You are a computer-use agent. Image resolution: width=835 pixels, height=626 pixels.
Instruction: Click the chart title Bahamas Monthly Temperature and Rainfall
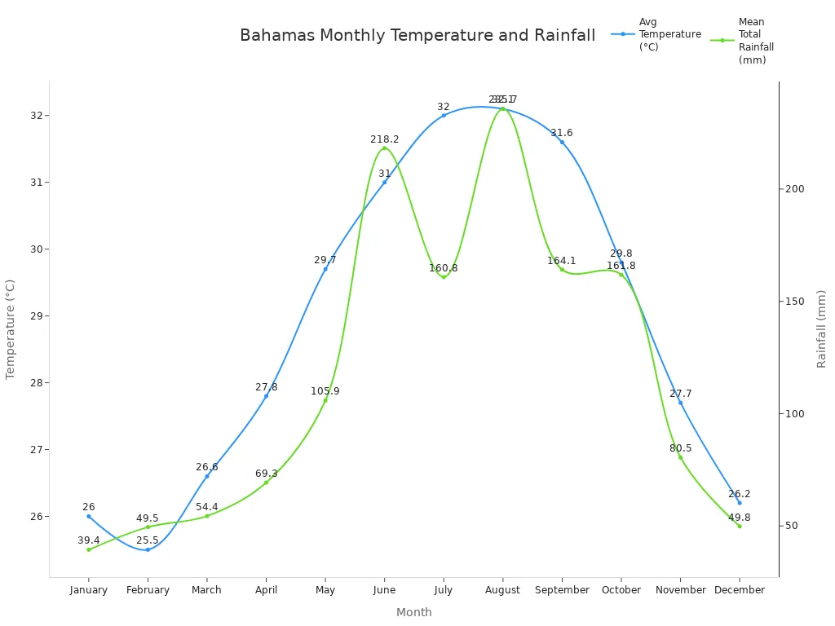tap(417, 36)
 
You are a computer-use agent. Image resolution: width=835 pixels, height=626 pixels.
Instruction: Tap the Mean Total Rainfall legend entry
tap(744, 41)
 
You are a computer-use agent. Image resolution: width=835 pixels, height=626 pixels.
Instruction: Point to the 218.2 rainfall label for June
tap(384, 139)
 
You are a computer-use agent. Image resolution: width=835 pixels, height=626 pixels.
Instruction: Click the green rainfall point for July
tap(444, 277)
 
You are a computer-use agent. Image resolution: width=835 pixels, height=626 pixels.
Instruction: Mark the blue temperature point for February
tap(148, 549)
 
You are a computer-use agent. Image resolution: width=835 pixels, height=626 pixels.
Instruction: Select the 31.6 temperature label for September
tap(561, 133)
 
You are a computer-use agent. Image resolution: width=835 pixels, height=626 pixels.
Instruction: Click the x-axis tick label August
tap(502, 590)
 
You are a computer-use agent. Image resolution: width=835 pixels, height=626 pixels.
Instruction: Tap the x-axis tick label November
tap(680, 590)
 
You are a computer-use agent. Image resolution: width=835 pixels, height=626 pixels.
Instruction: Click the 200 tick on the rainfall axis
tap(794, 189)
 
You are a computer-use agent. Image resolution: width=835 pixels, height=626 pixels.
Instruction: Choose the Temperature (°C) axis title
tap(11, 329)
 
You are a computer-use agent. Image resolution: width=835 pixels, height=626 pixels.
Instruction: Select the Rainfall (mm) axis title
tap(822, 328)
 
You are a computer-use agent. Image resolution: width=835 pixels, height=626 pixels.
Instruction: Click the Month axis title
tap(414, 612)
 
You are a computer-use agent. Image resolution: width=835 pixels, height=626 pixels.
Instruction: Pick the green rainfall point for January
tap(89, 549)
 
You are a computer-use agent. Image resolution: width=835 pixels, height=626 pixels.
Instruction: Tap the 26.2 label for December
tap(739, 494)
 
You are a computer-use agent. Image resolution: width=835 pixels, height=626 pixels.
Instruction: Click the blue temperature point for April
tap(266, 396)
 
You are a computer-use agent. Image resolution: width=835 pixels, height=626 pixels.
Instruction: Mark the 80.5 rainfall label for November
tap(680, 448)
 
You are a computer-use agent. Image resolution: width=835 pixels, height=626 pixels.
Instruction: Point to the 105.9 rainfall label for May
tap(325, 391)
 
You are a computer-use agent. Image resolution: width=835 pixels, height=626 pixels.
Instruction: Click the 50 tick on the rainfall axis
tap(791, 526)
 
